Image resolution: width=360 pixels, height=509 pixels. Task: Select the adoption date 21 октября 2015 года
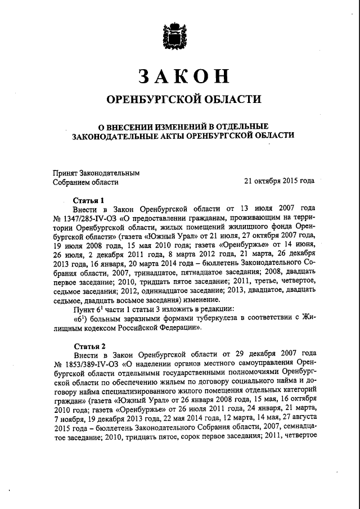tap(279, 182)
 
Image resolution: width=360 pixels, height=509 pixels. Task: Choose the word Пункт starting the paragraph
tap(84, 309)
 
